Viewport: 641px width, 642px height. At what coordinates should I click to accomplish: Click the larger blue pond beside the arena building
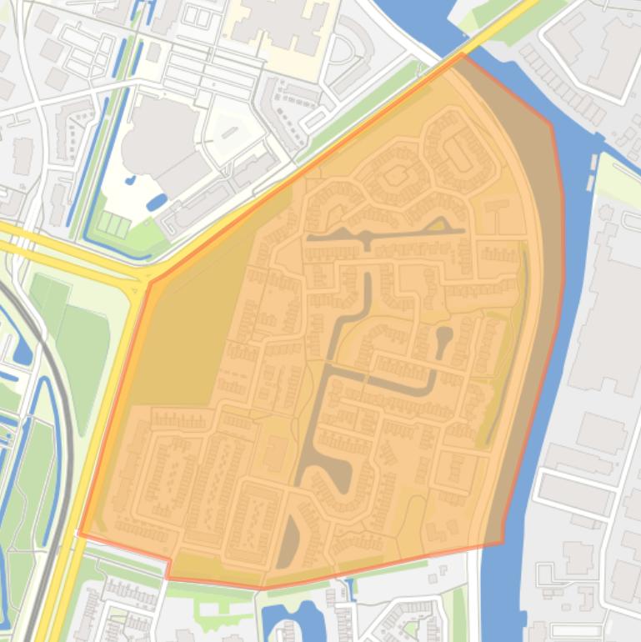point(156,202)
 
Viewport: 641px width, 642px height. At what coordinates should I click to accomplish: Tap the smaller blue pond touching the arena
point(131,179)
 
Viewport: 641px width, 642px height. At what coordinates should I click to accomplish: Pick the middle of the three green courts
point(115,224)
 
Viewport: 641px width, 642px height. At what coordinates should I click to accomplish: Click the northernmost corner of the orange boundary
point(462,54)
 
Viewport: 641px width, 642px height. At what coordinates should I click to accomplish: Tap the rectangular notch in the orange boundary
point(170,566)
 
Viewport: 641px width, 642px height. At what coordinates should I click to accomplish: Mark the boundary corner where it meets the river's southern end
point(502,541)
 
